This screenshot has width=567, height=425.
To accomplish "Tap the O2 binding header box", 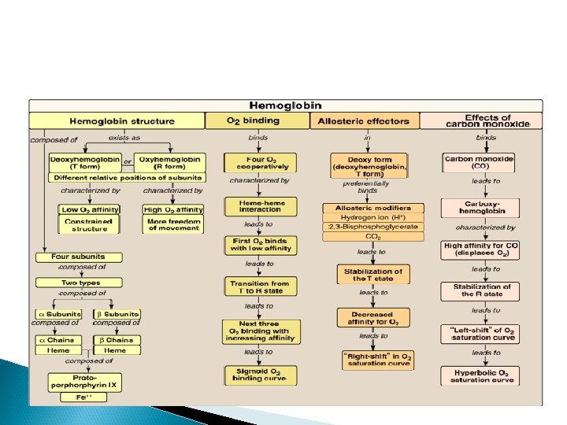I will (x=254, y=121).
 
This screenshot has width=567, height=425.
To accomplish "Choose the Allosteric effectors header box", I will (x=363, y=121).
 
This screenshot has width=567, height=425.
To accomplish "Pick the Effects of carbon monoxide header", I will (x=480, y=120).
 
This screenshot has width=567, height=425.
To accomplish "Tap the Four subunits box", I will (x=79, y=257).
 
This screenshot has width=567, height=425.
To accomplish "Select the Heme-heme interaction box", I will (x=261, y=206).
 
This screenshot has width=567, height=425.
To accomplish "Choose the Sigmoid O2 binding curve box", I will (x=261, y=375).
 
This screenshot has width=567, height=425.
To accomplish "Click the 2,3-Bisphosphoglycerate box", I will (x=373, y=227).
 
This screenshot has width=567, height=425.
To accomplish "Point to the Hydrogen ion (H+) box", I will (x=373, y=217).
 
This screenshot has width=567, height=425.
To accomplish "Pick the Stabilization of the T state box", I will (x=373, y=275).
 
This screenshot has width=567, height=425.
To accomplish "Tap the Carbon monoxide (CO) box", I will (x=479, y=162).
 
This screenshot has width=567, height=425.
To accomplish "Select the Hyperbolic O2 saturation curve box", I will (x=480, y=376).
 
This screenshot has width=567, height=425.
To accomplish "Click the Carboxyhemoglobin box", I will (x=480, y=208).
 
